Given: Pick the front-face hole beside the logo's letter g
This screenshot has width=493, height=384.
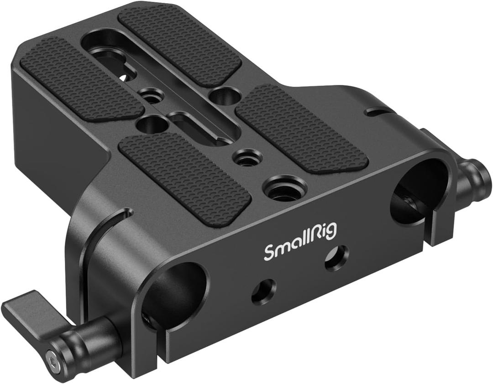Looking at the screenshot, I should pos(337,258).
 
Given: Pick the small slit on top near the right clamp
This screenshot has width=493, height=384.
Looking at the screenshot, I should pos(377,110).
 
